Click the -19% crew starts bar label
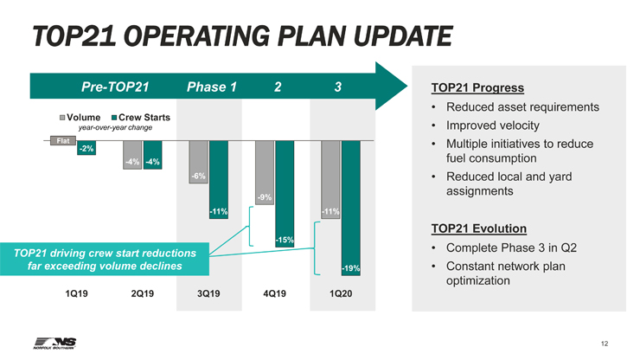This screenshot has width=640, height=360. tap(350, 269)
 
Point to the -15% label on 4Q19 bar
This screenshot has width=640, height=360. tap(285, 240)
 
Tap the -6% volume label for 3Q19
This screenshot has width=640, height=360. tap(198, 177)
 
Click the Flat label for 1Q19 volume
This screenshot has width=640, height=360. tap(62, 140)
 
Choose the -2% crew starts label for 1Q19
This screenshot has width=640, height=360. tap(86, 150)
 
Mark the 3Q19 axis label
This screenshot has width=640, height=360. tap(208, 293)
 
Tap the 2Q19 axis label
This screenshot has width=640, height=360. tap(143, 293)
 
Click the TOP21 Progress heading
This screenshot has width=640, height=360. tap(472, 87)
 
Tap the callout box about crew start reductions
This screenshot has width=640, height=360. tap(104, 259)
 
